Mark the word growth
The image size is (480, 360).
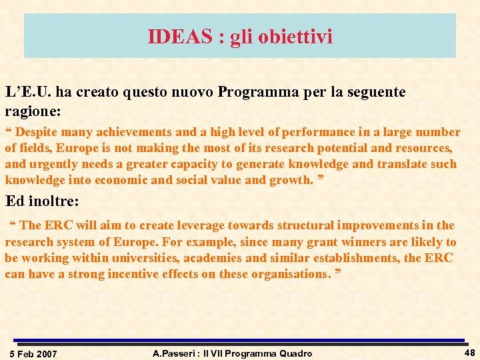pos(291,180)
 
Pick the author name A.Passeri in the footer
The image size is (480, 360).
pos(175,353)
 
